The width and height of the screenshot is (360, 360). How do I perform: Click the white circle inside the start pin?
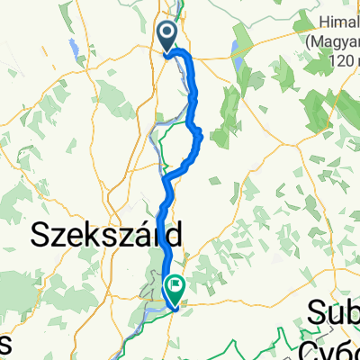tap(167, 33)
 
